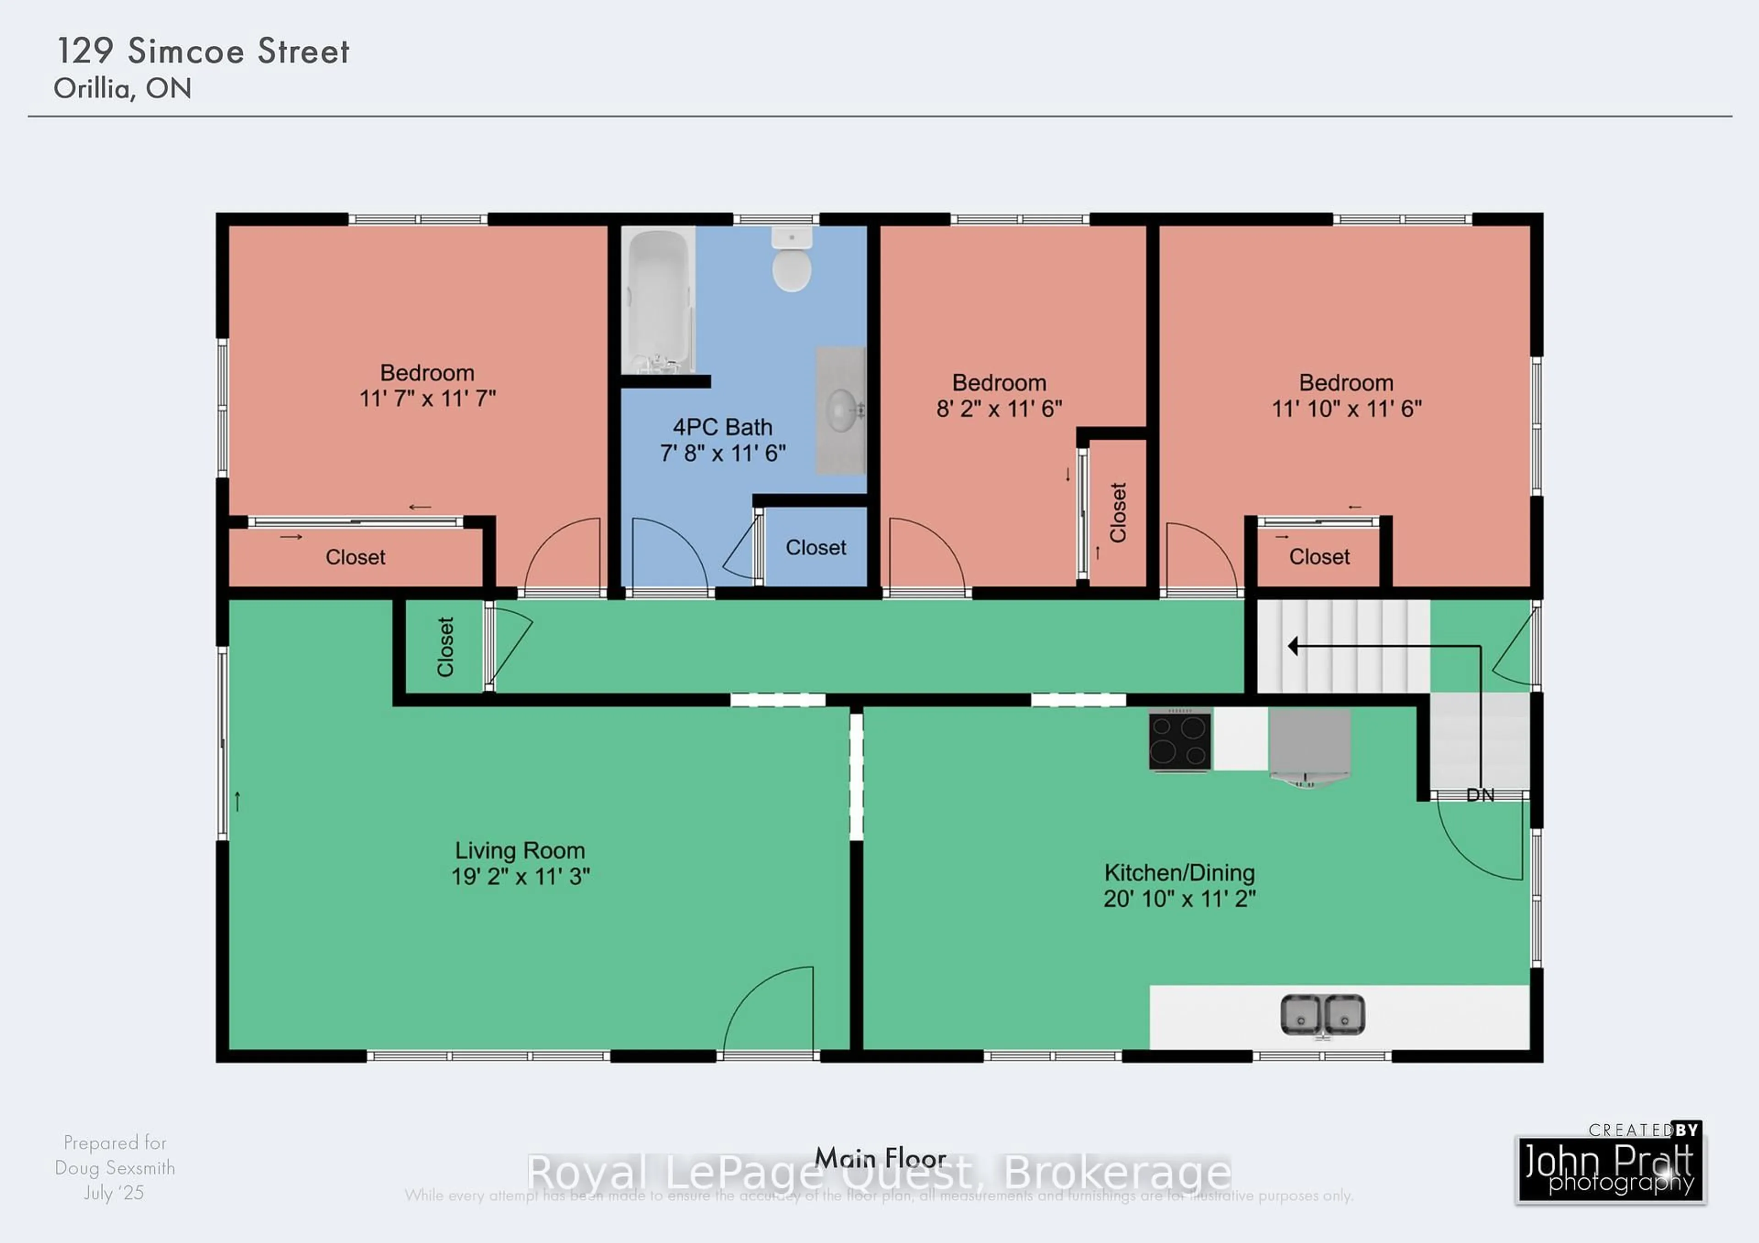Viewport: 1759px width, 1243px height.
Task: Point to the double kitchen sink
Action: click(x=1322, y=1015)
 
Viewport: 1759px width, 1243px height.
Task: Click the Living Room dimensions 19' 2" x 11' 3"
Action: click(x=520, y=876)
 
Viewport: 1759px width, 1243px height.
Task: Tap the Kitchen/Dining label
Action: click(x=1179, y=872)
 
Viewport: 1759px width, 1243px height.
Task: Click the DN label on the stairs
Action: click(x=1480, y=796)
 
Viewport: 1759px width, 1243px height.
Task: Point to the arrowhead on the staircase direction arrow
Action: click(x=1293, y=646)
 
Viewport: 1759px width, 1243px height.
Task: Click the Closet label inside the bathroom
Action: click(x=816, y=548)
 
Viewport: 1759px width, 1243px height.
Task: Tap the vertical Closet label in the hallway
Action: click(x=445, y=647)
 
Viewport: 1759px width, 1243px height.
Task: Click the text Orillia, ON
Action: click(x=123, y=89)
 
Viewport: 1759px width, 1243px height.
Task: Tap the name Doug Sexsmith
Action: click(x=115, y=1168)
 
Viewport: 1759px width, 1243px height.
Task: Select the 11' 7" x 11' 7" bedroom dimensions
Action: click(x=427, y=398)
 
